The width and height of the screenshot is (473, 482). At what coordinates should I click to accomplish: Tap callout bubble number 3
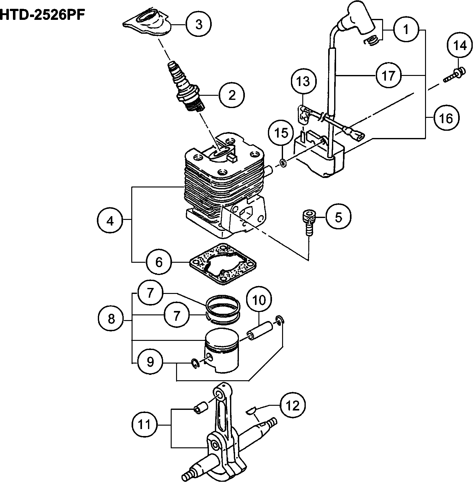pos(198,24)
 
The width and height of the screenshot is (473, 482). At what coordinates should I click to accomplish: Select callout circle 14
pos(460,46)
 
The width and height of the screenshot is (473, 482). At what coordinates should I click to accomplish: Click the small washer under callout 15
pos(283,163)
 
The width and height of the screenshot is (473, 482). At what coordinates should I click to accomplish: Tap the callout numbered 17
pos(388,75)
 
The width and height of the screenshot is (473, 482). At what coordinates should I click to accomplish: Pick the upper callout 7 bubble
pos(150,293)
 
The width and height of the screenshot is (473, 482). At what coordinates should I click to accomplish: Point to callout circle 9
pos(150,362)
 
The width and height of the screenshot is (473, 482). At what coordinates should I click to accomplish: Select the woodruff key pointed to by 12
pos(251,410)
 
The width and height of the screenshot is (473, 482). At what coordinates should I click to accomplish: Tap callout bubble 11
pos(145,424)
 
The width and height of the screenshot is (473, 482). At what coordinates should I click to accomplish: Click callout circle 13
pos(303,82)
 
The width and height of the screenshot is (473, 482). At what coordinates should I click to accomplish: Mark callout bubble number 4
pos(110,221)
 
